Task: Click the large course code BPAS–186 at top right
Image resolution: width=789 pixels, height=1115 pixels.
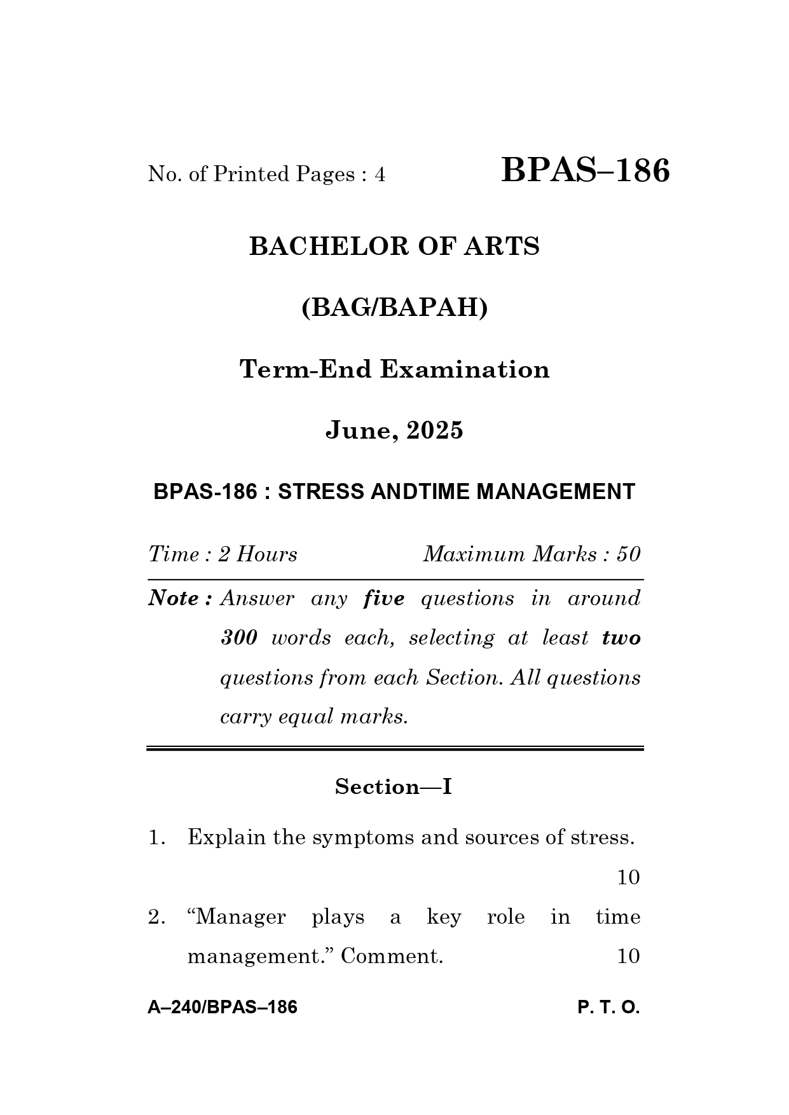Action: tap(585, 171)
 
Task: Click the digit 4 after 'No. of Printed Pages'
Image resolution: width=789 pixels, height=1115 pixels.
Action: tap(380, 174)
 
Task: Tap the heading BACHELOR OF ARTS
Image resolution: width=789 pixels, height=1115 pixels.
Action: tap(394, 247)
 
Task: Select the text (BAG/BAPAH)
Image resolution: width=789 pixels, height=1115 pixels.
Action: tap(394, 308)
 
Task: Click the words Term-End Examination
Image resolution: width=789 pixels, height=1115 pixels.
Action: tap(394, 369)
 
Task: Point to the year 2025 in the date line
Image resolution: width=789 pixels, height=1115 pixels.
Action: tap(435, 431)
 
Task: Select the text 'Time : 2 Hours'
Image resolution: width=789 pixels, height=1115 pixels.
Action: tap(223, 554)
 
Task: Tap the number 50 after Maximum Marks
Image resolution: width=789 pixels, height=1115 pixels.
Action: tap(628, 554)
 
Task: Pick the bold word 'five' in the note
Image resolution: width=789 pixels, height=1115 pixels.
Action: tap(383, 599)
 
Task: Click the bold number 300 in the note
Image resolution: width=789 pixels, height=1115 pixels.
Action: tap(238, 638)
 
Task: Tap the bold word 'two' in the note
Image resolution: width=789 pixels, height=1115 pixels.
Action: tap(621, 638)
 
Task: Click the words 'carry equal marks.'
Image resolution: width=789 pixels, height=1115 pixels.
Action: tap(313, 717)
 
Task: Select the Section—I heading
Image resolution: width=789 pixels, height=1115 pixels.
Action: tap(394, 787)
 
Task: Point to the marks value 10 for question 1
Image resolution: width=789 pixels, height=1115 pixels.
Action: tap(628, 878)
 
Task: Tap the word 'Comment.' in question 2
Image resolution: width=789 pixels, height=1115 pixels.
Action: tap(392, 957)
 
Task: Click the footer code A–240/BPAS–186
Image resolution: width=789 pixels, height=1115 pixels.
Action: tap(223, 1008)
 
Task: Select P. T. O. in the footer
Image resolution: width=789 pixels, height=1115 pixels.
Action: tap(608, 1008)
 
